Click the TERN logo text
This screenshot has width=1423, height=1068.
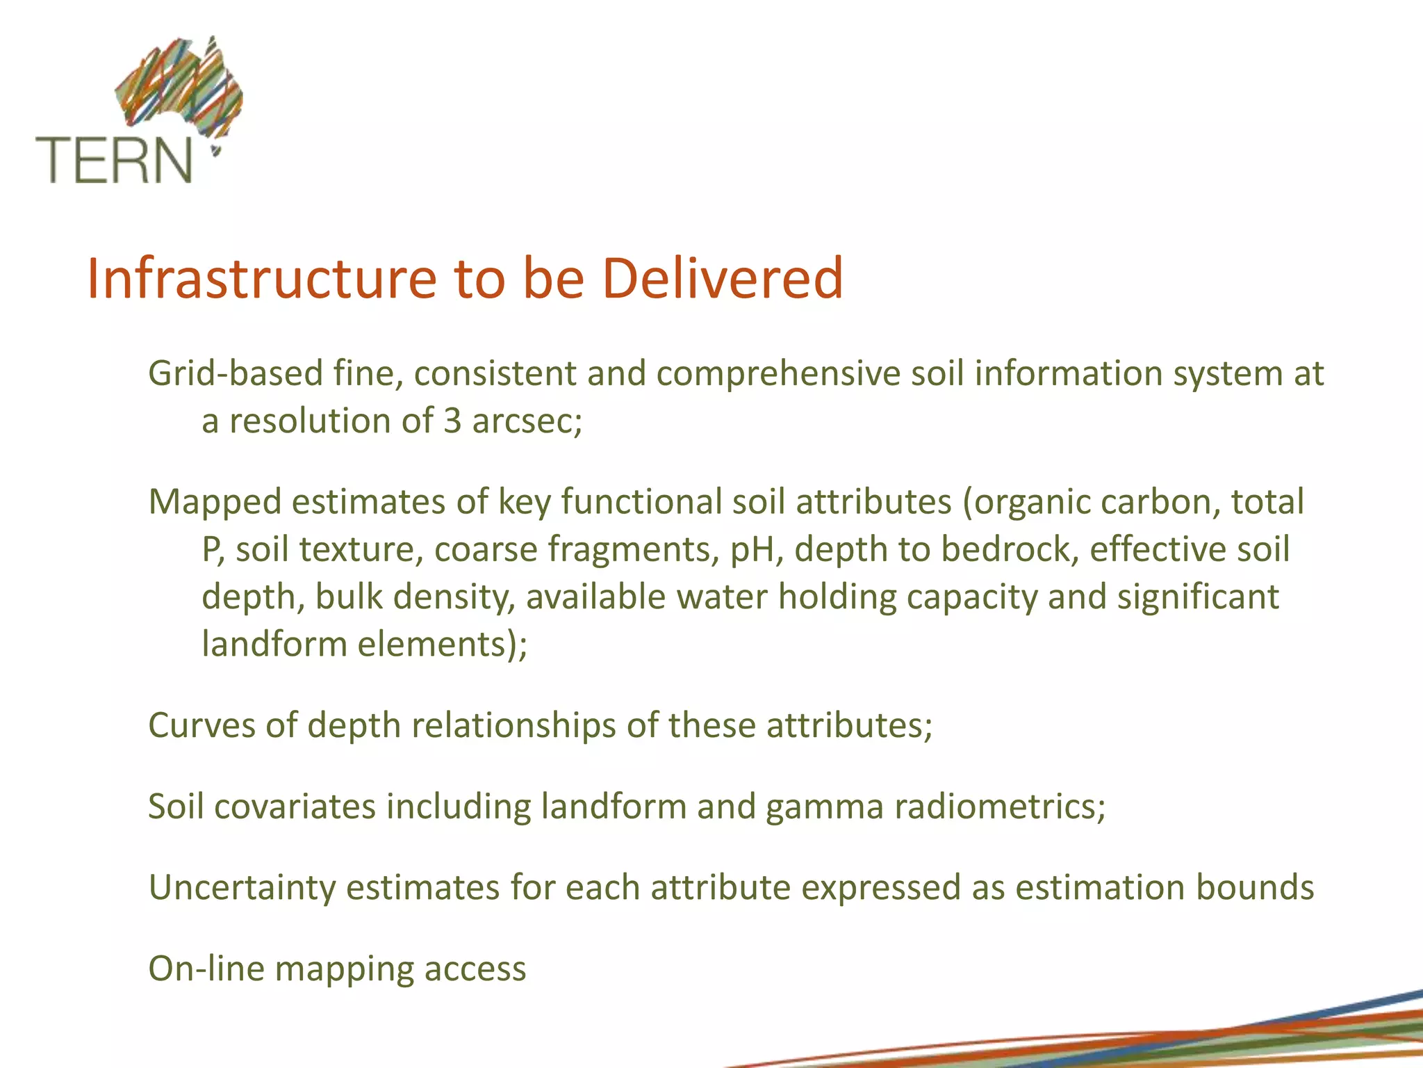pos(113,160)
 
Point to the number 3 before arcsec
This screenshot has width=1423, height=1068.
pos(452,421)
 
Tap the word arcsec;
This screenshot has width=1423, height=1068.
pos(527,421)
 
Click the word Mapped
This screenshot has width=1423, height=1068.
pos(214,502)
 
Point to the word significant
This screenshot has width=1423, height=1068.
pos(1198,597)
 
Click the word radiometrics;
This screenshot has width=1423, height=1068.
pos(1000,807)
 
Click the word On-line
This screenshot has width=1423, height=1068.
pos(206,969)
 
